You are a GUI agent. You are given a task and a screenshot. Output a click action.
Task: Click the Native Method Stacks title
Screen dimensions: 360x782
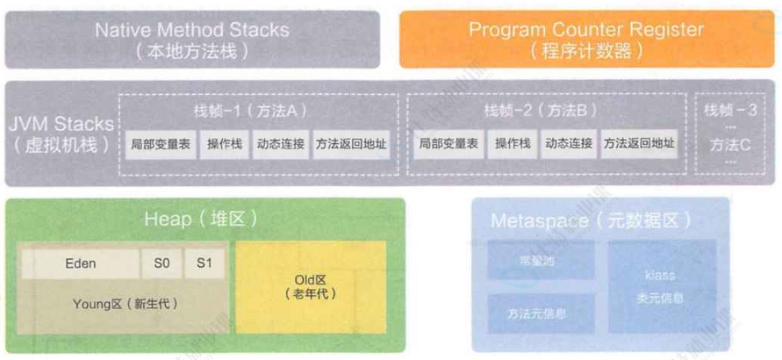point(192,29)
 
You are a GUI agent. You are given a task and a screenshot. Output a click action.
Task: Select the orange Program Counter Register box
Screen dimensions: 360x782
point(585,39)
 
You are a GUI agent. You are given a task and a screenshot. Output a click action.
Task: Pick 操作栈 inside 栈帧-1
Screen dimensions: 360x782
point(224,144)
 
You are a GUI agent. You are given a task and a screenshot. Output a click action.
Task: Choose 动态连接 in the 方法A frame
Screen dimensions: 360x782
point(280,144)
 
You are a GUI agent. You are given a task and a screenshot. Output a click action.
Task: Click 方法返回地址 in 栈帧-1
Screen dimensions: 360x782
point(351,144)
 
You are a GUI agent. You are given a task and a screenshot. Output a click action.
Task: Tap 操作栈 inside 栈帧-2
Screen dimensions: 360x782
point(512,144)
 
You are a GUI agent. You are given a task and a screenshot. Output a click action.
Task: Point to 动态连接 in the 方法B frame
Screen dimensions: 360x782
point(568,144)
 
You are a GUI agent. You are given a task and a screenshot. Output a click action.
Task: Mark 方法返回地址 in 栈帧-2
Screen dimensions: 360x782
point(639,144)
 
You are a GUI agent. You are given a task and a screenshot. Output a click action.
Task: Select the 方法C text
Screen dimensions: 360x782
point(730,144)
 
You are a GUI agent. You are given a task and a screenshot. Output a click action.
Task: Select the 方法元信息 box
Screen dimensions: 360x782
point(536,312)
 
